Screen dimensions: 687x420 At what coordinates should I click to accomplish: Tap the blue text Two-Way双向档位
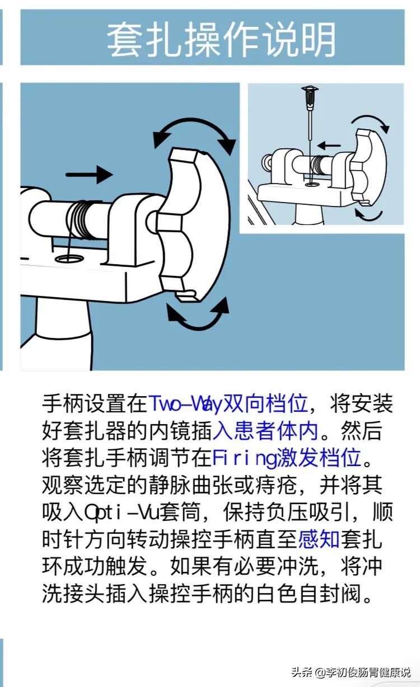(228, 403)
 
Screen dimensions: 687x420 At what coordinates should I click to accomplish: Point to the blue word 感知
(319, 539)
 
